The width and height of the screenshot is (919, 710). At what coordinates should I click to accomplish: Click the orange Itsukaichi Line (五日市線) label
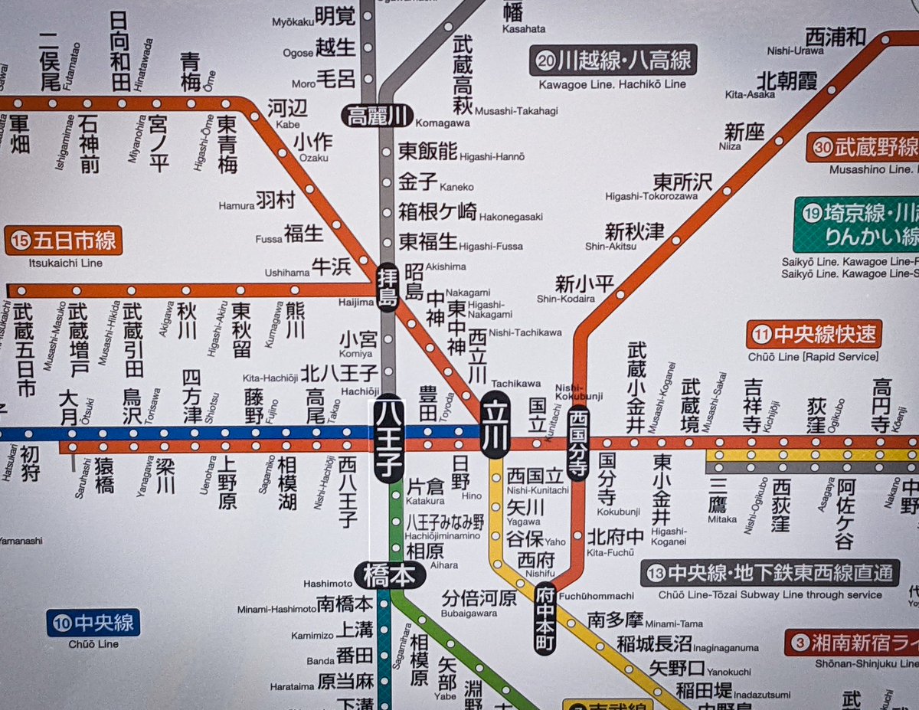click(64, 241)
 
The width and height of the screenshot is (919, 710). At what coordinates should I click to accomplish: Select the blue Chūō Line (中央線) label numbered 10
click(94, 623)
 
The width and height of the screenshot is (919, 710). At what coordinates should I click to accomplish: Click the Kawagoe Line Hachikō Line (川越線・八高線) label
click(613, 60)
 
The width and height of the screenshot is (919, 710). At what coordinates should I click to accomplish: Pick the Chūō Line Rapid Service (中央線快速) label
click(815, 335)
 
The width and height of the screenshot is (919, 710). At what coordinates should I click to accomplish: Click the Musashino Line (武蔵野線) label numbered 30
click(862, 147)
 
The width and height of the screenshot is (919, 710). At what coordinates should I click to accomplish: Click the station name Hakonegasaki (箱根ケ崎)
click(437, 211)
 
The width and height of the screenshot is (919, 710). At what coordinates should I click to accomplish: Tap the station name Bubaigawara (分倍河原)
click(479, 597)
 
